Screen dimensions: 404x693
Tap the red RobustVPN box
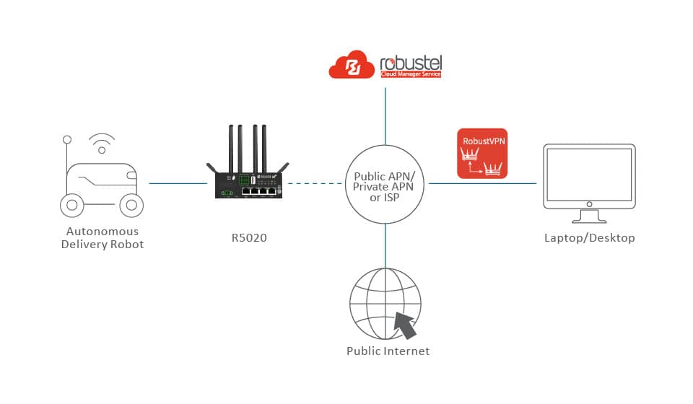click(x=482, y=153)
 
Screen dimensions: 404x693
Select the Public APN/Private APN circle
click(x=385, y=183)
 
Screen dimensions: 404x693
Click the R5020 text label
click(x=250, y=237)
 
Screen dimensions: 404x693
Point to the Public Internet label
click(x=388, y=351)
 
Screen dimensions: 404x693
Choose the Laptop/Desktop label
click(x=589, y=237)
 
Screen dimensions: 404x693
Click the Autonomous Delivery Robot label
click(x=102, y=238)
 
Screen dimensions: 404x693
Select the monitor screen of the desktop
click(x=589, y=176)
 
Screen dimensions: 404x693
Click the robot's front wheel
click(x=130, y=205)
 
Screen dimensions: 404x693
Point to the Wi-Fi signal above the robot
click(x=102, y=143)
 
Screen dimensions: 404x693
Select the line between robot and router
click(x=178, y=183)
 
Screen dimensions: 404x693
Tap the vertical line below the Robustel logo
click(x=385, y=115)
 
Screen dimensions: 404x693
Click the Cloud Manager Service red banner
click(x=411, y=74)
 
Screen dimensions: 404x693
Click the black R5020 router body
click(x=250, y=184)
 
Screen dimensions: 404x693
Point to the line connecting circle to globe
click(x=385, y=245)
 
